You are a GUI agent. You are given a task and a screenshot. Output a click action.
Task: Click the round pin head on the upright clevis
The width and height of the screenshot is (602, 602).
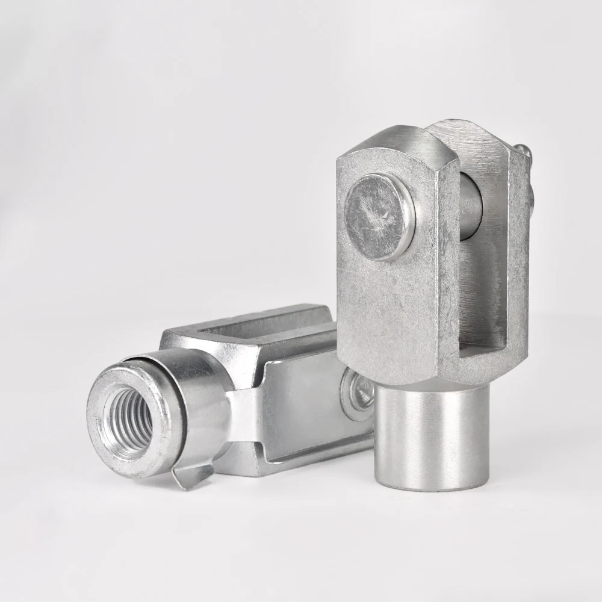click(x=379, y=217)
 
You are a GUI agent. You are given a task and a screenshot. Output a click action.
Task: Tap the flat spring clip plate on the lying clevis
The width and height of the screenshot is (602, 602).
click(x=301, y=409)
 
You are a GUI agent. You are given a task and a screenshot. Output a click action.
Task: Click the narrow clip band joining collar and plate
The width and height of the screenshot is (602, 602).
click(x=241, y=415)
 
